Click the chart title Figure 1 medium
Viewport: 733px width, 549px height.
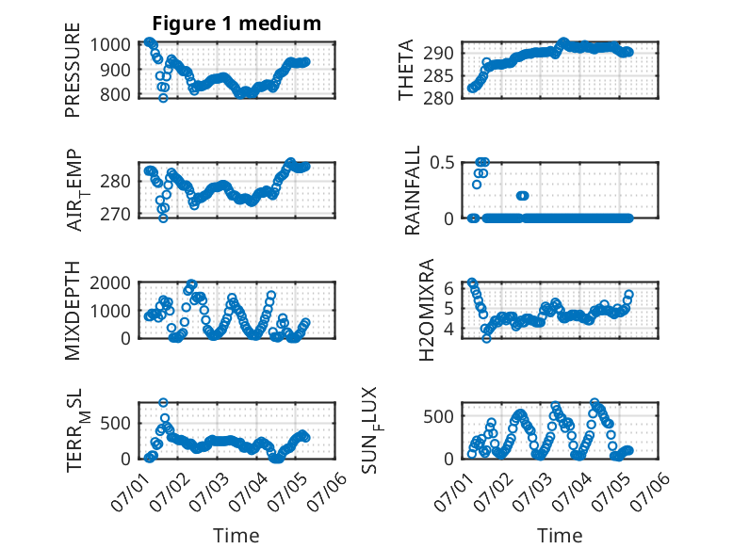[x=236, y=24]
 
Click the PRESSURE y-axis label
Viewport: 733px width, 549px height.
[x=73, y=70]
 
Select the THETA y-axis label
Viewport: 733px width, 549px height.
[x=406, y=70]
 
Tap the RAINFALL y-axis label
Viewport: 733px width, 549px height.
[x=413, y=190]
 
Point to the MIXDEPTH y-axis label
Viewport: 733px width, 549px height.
[x=73, y=310]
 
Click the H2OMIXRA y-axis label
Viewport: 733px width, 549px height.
[x=427, y=310]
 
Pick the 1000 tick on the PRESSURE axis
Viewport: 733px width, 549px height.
[x=110, y=45]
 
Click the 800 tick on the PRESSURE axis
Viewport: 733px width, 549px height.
[x=115, y=94]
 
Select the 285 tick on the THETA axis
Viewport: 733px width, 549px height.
[x=438, y=75]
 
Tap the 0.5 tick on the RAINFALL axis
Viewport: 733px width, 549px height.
[x=442, y=163]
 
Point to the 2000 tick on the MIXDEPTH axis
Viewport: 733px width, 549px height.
[x=110, y=283]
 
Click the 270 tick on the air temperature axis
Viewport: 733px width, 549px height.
[x=115, y=214]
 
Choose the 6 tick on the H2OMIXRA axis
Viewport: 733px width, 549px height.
[x=448, y=288]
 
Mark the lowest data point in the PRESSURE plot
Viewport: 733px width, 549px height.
[x=163, y=98]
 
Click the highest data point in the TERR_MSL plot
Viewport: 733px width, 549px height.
[x=163, y=402]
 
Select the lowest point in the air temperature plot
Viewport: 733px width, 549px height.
[x=163, y=218]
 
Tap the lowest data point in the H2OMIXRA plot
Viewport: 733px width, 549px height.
[x=487, y=339]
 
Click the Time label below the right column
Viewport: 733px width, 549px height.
[x=560, y=536]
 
